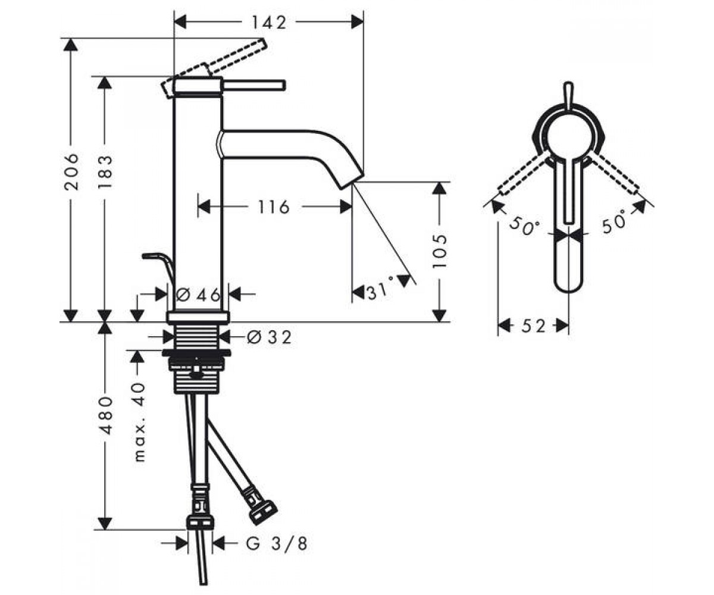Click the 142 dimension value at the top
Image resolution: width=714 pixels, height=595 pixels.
[269, 23]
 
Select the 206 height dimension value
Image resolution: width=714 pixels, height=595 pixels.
[71, 172]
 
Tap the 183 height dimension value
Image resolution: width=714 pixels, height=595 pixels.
[105, 172]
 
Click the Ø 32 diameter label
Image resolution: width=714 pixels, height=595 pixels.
[269, 337]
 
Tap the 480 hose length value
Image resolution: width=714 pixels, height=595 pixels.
[105, 415]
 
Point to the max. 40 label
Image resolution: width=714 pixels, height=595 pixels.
[139, 422]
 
